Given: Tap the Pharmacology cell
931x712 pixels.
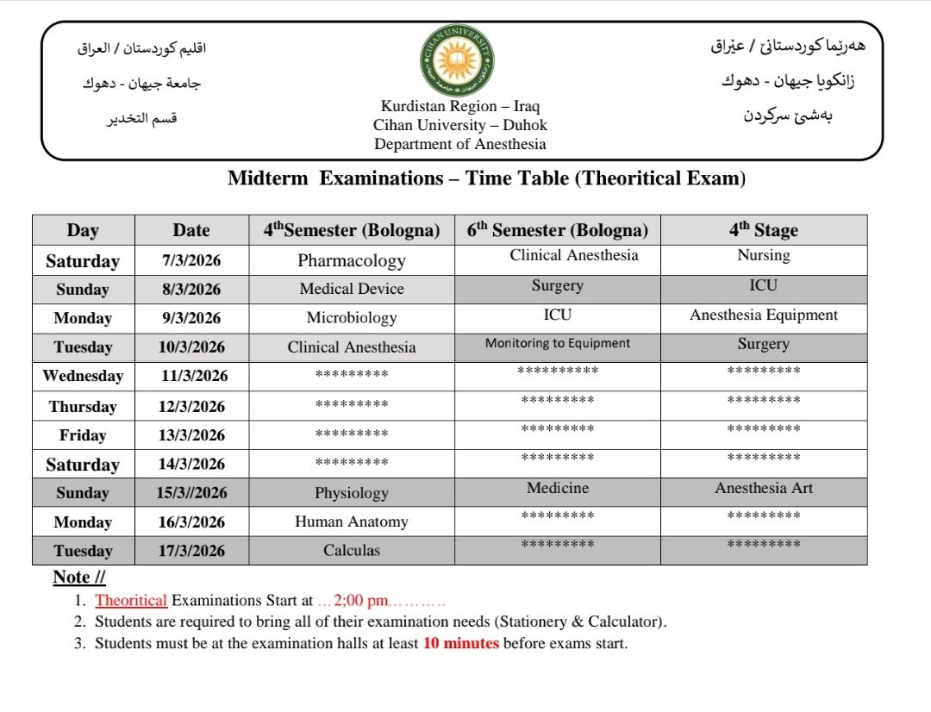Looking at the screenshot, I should click(352, 260).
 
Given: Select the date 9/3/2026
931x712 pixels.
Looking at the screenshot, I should click(191, 318).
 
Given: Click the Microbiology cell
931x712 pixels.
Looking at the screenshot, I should click(352, 318).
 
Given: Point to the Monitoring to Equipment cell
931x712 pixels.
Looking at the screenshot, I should click(558, 343).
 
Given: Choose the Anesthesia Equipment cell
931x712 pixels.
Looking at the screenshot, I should click(764, 315).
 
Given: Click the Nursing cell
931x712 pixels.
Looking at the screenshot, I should click(764, 255).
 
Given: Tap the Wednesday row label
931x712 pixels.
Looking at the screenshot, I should click(83, 376).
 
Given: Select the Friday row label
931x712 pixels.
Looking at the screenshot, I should click(83, 435).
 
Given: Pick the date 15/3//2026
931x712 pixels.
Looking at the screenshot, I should click(191, 493).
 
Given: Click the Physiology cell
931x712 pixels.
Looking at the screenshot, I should click(352, 493).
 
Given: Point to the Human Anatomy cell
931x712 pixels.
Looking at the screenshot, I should click(352, 522).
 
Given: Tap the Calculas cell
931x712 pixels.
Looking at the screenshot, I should click(352, 550).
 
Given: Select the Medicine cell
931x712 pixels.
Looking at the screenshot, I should click(558, 488).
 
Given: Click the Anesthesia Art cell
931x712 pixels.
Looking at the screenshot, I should click(764, 488).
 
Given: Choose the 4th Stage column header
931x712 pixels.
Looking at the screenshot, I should click(764, 230).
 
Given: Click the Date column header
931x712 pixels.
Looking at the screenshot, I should click(191, 230).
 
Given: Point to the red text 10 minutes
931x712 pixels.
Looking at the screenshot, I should click(461, 643).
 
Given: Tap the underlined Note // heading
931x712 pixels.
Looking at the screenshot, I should click(79, 578).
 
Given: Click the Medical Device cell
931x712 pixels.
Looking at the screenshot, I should click(352, 289).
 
